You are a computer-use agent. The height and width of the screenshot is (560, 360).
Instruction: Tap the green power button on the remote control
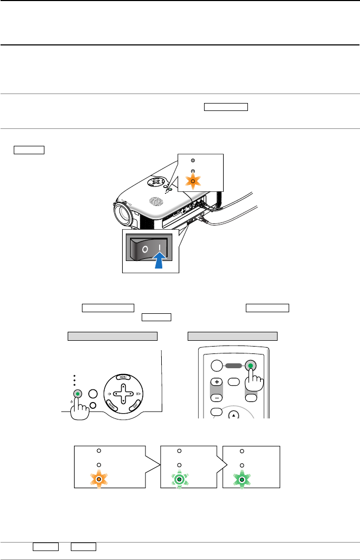pyautogui.click(x=250, y=365)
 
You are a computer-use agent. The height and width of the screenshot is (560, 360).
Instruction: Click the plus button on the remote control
pyautogui.click(x=216, y=381)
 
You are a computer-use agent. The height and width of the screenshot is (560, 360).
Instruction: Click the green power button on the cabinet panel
pyautogui.click(x=78, y=394)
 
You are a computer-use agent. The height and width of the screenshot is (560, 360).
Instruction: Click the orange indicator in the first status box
pyautogui.click(x=98, y=480)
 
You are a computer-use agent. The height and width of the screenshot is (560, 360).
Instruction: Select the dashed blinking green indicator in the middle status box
pyautogui.click(x=179, y=480)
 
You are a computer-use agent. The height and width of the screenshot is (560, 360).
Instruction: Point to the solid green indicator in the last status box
pyautogui.click(x=242, y=480)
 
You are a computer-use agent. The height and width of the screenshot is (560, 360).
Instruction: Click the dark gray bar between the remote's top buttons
pyautogui.click(x=233, y=365)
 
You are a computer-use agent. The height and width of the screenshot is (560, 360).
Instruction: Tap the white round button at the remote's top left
pyautogui.click(x=216, y=366)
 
